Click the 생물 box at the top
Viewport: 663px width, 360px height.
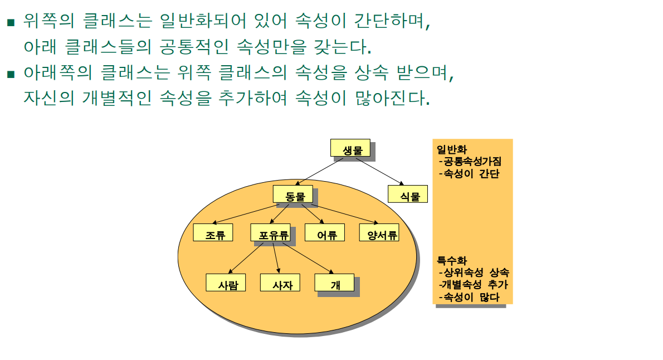350,148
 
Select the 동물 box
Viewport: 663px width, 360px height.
292,194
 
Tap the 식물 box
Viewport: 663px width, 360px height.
407,194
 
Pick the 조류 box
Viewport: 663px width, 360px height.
213,233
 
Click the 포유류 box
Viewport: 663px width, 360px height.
270,233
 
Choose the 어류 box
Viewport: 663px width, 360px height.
324,233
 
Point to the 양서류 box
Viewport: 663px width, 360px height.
379,233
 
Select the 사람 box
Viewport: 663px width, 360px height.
225,283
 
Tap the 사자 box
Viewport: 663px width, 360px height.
280,283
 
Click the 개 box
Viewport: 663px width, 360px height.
334,283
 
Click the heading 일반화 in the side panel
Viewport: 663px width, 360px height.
452,150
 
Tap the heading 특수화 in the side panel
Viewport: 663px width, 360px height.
452,261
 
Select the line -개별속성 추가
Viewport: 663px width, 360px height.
474,285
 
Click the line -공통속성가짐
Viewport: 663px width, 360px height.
470,162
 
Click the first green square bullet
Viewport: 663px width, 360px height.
10,23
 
